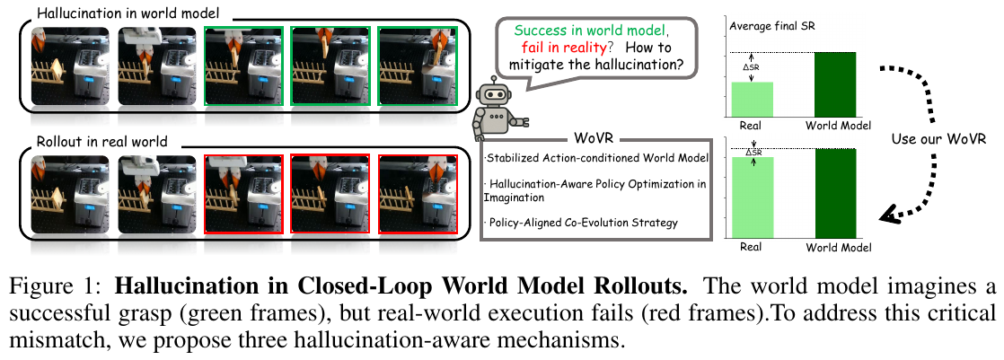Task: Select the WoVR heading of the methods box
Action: coord(594,140)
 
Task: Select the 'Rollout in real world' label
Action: coord(101,142)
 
